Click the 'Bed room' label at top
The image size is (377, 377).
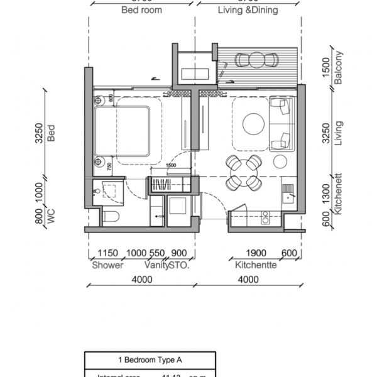tap(141, 10)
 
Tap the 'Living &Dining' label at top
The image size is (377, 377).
tap(248, 10)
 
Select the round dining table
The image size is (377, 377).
tap(243, 173)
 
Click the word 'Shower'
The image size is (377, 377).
tap(108, 265)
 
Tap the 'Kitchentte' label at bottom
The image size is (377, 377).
tap(256, 265)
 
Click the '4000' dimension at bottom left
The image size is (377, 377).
tap(141, 279)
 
